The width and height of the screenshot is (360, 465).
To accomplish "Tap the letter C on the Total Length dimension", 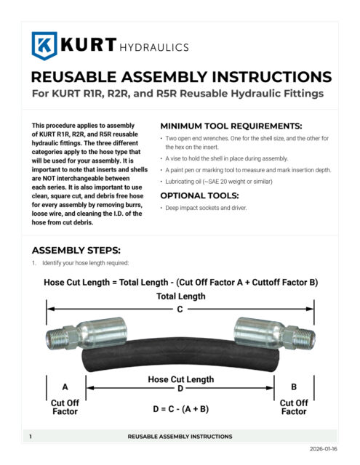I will pyautogui.click(x=180, y=308).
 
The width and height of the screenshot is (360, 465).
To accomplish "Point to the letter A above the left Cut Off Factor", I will pyautogui.click(x=65, y=387).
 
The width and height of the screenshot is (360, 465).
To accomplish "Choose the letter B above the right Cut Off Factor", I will pyautogui.click(x=294, y=387).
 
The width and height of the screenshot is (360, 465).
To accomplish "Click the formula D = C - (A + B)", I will pyautogui.click(x=180, y=409).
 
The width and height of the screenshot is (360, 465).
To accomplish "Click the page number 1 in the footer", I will pyautogui.click(x=31, y=437).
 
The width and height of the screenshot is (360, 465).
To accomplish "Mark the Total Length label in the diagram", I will pyautogui.click(x=180, y=296).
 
